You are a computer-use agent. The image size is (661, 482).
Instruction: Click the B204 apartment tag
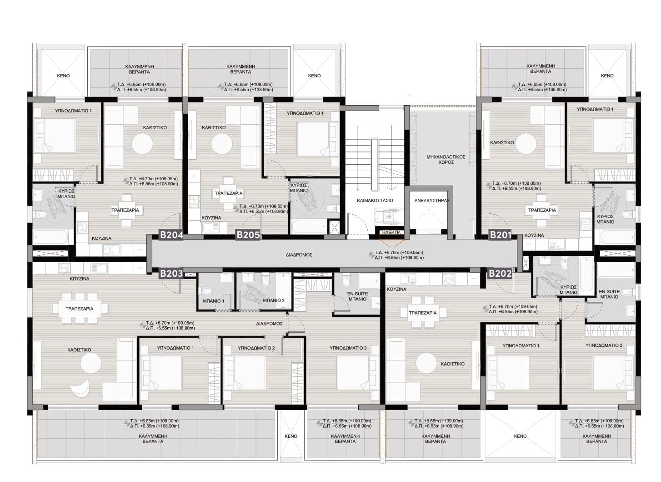click(x=171, y=235)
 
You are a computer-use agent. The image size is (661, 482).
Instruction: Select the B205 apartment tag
click(x=248, y=235)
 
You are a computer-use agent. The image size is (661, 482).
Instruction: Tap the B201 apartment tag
click(x=501, y=235)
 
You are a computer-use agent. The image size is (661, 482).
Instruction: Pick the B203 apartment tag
click(x=171, y=274)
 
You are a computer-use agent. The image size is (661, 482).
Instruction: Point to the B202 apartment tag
click(x=500, y=274)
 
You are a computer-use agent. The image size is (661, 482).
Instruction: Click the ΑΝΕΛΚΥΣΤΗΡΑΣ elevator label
click(x=432, y=200)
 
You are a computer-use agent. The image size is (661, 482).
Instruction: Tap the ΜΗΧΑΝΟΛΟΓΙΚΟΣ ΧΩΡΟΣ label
click(x=446, y=160)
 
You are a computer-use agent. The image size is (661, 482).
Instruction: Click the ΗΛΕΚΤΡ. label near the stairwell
click(x=391, y=233)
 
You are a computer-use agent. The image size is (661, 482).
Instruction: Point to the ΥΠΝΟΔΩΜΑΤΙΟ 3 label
click(x=348, y=348)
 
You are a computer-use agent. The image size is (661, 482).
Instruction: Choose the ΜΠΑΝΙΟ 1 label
click(x=214, y=301)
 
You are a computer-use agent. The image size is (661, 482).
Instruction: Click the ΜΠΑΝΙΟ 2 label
click(x=274, y=300)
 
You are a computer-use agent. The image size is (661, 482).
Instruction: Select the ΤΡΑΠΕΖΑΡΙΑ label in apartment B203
click(x=80, y=309)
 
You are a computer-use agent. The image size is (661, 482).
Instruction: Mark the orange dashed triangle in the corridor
click(x=391, y=243)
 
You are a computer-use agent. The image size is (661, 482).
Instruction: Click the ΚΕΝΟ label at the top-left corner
click(x=63, y=76)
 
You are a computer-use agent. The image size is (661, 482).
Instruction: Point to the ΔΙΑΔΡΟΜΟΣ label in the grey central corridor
click(x=299, y=254)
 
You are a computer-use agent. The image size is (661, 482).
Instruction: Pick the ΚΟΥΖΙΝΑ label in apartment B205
click(x=211, y=218)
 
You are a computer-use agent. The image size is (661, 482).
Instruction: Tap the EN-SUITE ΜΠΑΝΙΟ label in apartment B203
click(x=357, y=296)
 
